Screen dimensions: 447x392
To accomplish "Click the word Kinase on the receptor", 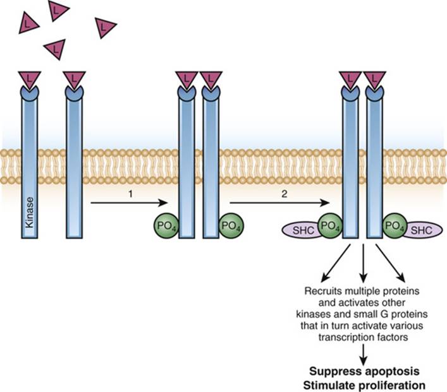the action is pos(29,213).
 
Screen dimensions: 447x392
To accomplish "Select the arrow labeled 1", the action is pos(128,203).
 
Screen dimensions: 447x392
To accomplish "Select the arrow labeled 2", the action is pos(279,203).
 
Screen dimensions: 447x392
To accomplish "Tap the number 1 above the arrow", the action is pos(131,194).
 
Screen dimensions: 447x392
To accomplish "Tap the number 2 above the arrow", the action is pos(285,194).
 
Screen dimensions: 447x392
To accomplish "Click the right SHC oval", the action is pos(424,230).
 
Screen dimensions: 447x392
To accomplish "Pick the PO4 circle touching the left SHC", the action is pos(330,226).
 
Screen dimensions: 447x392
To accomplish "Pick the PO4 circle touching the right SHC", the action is pos(395,226).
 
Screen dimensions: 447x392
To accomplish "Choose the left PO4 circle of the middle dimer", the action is pos(166,226).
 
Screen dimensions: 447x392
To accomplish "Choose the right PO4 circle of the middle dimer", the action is pos(231,226).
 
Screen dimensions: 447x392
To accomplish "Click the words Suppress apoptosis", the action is pos(364,372).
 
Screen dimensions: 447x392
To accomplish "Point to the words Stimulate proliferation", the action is pos(364,386).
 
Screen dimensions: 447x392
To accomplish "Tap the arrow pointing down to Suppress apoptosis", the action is pos(364,355).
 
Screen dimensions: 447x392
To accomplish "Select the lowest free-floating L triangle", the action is pos(56,49).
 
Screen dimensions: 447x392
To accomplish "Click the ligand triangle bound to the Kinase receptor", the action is pos(30,79).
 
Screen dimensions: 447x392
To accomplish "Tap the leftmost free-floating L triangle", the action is pos(27,23).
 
